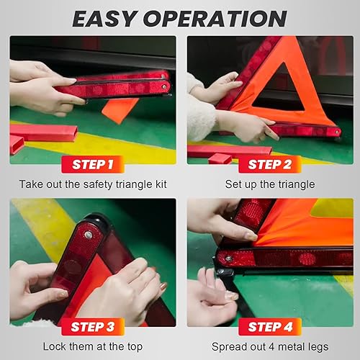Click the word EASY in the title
[x=106, y=17]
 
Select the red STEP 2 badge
[x=268, y=164]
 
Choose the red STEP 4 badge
[x=268, y=328]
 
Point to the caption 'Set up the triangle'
[x=269, y=184]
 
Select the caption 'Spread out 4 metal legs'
[x=269, y=346]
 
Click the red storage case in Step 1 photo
[x=43, y=132]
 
